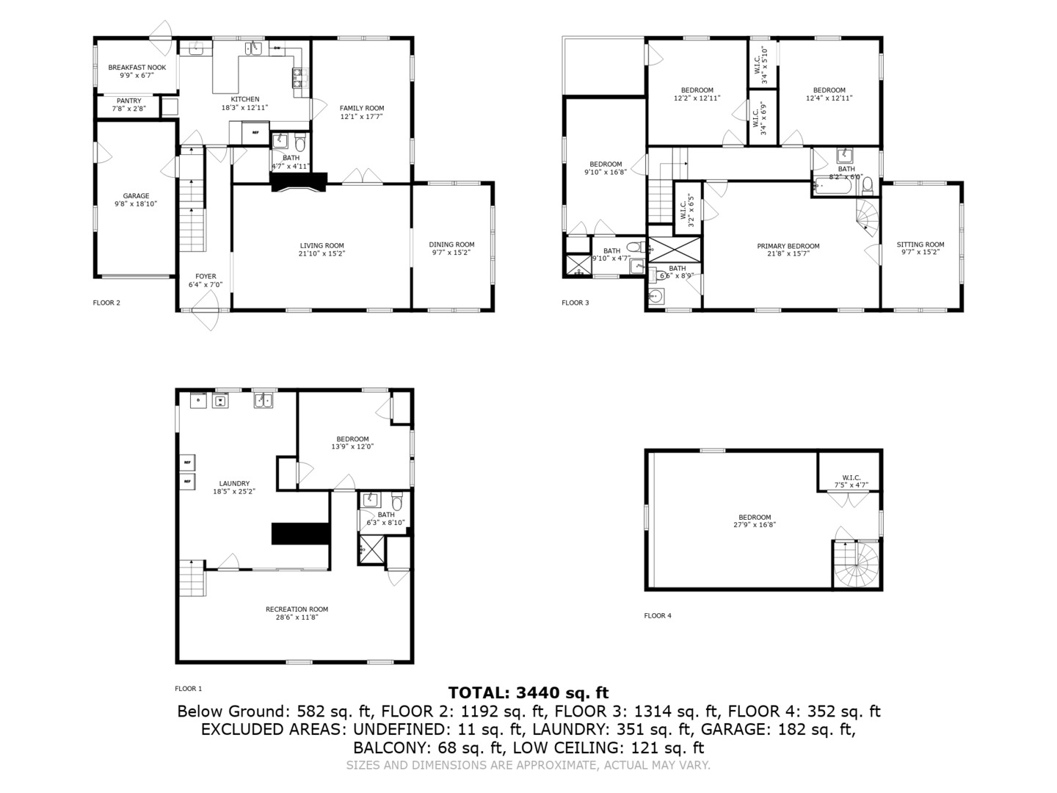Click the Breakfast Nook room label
137,67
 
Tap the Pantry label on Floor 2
128,101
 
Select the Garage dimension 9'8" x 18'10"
136,204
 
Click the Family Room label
361,108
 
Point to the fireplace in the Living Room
299,183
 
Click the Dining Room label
451,245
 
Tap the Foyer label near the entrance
206,276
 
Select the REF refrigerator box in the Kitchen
255,133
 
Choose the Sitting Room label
920,245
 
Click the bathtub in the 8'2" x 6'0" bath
833,187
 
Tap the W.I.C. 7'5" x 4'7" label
851,477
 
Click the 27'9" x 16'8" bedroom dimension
755,525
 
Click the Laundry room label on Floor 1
234,483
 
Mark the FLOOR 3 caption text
575,303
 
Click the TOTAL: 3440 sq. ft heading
528,692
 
